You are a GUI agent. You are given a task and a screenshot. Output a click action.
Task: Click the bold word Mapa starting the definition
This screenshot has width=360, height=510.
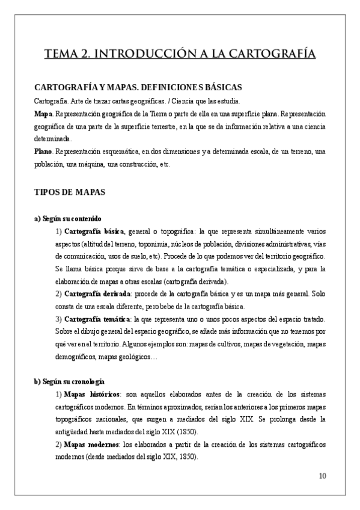[x=44, y=112]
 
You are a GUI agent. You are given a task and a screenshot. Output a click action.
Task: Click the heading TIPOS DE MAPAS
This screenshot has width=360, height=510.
[x=70, y=192]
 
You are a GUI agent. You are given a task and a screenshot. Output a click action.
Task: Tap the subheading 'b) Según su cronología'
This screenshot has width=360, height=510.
[x=70, y=381]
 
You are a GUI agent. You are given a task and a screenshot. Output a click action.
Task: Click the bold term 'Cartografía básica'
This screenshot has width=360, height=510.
[x=93, y=232]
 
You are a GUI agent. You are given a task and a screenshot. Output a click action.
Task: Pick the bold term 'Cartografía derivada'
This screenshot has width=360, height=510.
[x=96, y=293]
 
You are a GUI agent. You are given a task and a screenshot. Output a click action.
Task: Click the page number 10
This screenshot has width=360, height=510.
[x=322, y=476]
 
